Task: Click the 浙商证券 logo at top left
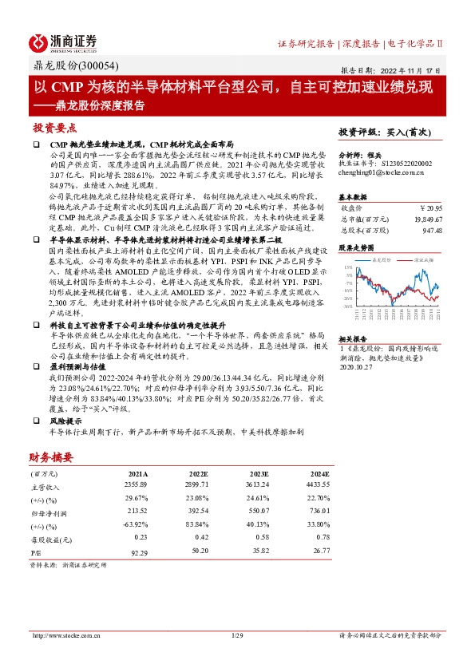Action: (63, 42)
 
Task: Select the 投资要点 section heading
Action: (54, 127)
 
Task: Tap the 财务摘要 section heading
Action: (51, 457)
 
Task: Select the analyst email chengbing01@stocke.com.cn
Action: (375, 169)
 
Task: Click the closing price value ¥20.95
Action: (432, 207)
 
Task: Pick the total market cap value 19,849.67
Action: (428, 217)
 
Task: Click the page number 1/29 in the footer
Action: (236, 635)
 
